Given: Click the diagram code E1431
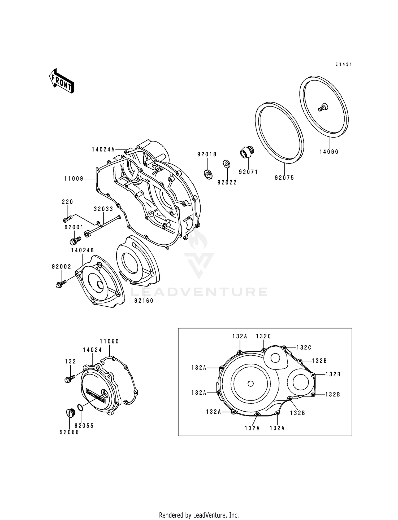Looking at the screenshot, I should point(343,64).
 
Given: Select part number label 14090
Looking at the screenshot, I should point(329,152).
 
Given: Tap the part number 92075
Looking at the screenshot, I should point(284,178).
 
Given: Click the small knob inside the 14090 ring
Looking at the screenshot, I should point(323,108).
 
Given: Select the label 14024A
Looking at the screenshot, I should point(103,150).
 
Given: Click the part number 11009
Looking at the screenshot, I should point(74,179).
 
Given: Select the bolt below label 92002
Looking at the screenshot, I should point(61,285).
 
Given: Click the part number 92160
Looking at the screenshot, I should point(144,301).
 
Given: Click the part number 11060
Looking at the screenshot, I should point(109,341).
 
